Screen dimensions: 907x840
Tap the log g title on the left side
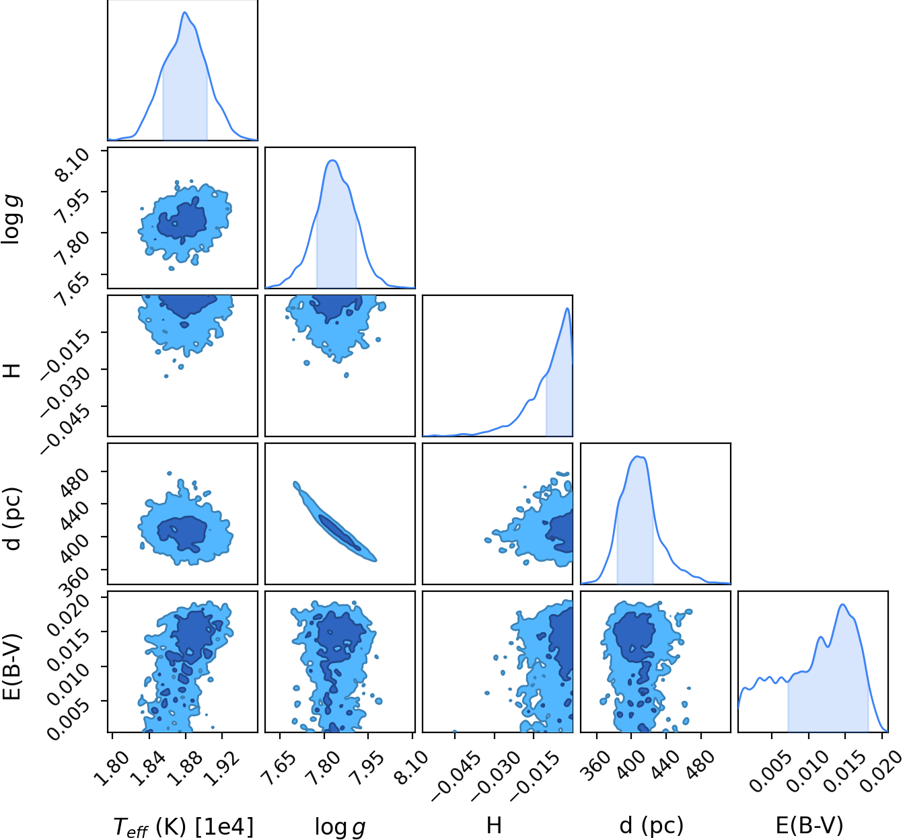click(11, 220)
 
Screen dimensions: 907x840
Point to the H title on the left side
click(11, 368)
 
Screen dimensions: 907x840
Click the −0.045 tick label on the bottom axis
click(455, 777)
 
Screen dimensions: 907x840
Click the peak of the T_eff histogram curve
click(184, 12)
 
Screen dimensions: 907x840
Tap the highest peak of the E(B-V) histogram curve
click(843, 605)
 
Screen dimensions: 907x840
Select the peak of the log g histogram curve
click(332, 160)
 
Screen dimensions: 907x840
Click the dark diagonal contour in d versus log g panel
click(339, 532)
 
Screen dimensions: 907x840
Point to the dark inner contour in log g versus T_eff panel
click(183, 220)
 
